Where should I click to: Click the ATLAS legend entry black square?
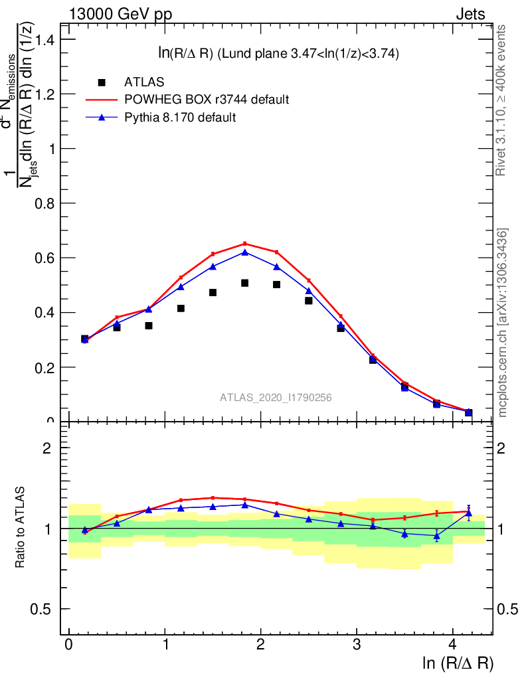click(102, 82)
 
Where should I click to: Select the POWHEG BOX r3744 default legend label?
click(207, 100)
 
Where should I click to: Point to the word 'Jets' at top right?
click(470, 15)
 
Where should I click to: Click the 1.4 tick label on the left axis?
click(42, 40)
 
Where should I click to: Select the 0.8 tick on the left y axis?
click(42, 203)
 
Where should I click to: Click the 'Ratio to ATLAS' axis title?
click(21, 528)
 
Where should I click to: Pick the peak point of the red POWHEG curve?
click(244, 243)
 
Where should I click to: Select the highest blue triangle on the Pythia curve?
click(244, 252)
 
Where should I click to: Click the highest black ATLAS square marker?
click(244, 283)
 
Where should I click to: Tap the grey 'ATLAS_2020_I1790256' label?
click(276, 398)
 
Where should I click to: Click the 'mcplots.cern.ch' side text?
click(503, 322)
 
